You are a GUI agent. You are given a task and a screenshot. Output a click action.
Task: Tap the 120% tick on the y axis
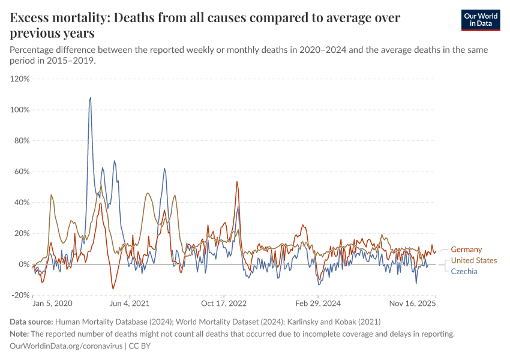click(x=20, y=79)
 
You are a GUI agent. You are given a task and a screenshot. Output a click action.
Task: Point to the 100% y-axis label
click(x=20, y=110)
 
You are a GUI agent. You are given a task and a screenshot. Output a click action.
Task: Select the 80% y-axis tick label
click(x=21, y=140)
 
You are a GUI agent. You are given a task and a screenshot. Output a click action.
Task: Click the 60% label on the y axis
click(x=21, y=172)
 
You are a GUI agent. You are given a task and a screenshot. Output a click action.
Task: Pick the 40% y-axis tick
click(x=21, y=202)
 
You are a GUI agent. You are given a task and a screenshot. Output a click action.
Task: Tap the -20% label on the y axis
click(x=20, y=295)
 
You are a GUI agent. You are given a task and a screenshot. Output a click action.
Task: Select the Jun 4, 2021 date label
click(x=128, y=304)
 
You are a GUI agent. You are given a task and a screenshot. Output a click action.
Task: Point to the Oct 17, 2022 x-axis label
click(x=223, y=304)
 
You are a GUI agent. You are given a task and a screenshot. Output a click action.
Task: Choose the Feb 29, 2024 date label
click(x=318, y=304)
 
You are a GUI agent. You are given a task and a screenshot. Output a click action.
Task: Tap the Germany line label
click(x=466, y=250)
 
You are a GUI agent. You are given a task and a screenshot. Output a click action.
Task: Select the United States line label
click(x=474, y=260)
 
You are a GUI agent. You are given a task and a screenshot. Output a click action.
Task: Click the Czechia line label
click(x=464, y=271)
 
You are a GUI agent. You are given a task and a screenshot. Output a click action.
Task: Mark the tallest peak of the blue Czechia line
click(x=91, y=97)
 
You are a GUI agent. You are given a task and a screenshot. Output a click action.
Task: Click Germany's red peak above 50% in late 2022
click(x=237, y=182)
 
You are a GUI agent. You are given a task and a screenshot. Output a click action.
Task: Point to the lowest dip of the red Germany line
click(x=113, y=289)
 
